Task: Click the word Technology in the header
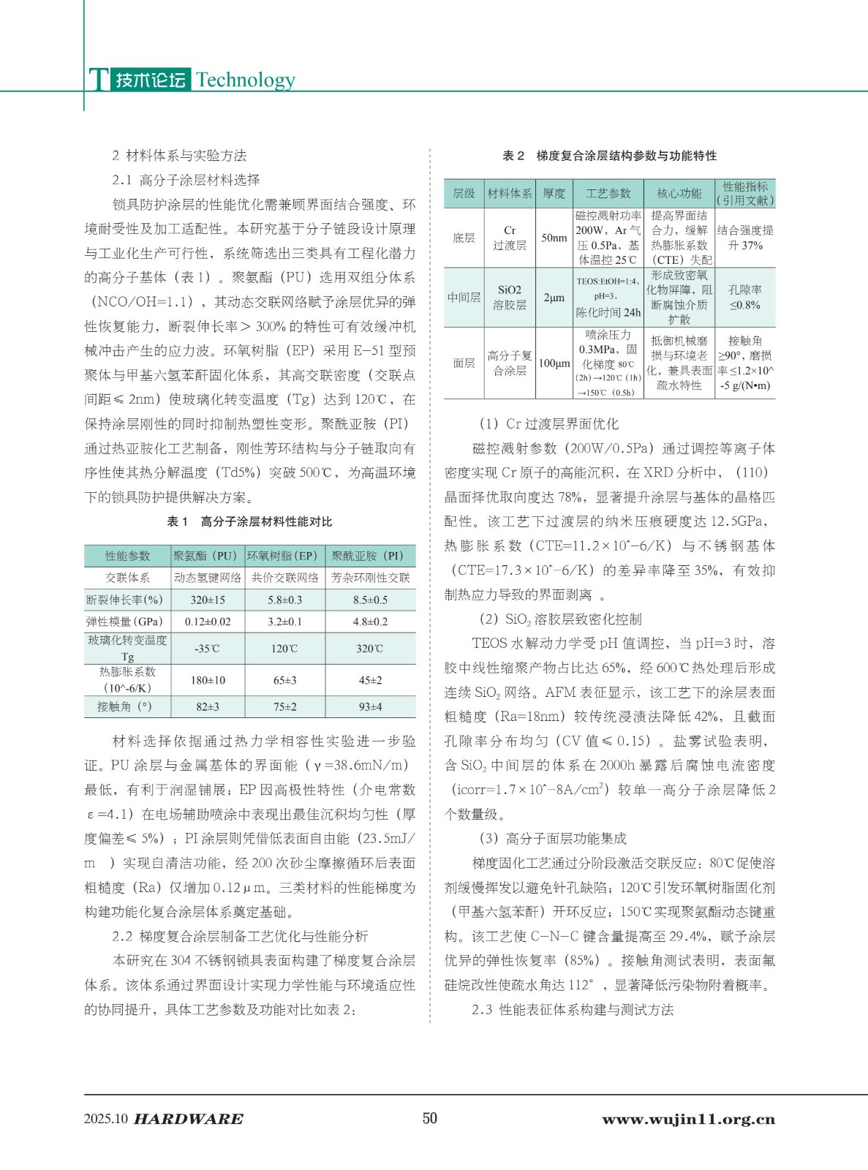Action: coord(245,80)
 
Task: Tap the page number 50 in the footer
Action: coord(430,1118)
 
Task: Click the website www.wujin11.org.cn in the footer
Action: coord(688,1119)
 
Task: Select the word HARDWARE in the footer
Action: coord(189,1119)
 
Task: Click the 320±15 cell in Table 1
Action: coord(208,600)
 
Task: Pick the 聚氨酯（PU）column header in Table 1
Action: coord(208,556)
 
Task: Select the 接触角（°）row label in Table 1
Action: coord(127,707)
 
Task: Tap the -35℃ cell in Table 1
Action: coord(208,649)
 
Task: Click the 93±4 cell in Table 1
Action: coord(370,707)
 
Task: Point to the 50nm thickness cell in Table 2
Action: coord(554,238)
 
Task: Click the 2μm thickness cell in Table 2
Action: coord(554,298)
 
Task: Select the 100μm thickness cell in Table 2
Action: coord(554,363)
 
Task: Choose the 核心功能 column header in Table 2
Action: coord(679,193)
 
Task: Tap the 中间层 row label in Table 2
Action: coord(464,298)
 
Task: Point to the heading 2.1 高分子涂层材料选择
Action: coord(186,180)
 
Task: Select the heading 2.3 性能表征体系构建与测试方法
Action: coord(573,1010)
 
